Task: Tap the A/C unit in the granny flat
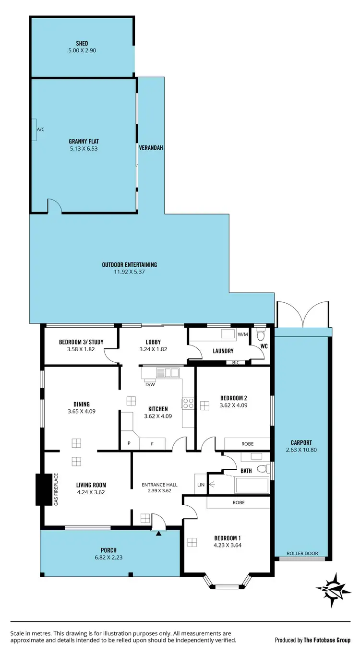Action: point(34,130)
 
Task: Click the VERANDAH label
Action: point(151,148)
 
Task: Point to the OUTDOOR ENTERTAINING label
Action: point(129,264)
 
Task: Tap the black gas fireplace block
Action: point(44,489)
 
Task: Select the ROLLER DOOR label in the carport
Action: point(302,553)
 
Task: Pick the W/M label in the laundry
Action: point(242,334)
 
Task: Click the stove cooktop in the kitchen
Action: point(187,403)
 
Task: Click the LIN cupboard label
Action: point(200,485)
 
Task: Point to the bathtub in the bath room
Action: point(251,485)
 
